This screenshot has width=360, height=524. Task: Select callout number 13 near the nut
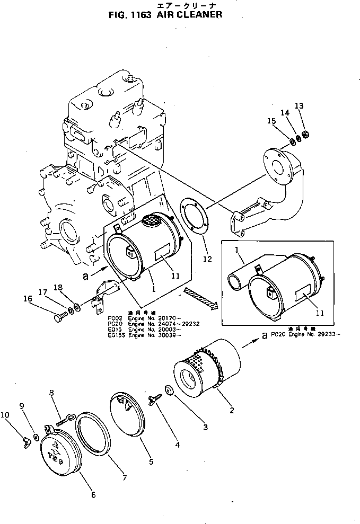tap(299, 106)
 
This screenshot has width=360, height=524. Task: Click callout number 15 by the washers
tap(272, 121)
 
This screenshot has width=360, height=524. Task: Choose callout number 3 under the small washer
tap(204, 427)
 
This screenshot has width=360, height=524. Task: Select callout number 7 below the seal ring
tap(125, 478)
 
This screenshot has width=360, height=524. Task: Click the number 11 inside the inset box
tap(319, 313)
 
